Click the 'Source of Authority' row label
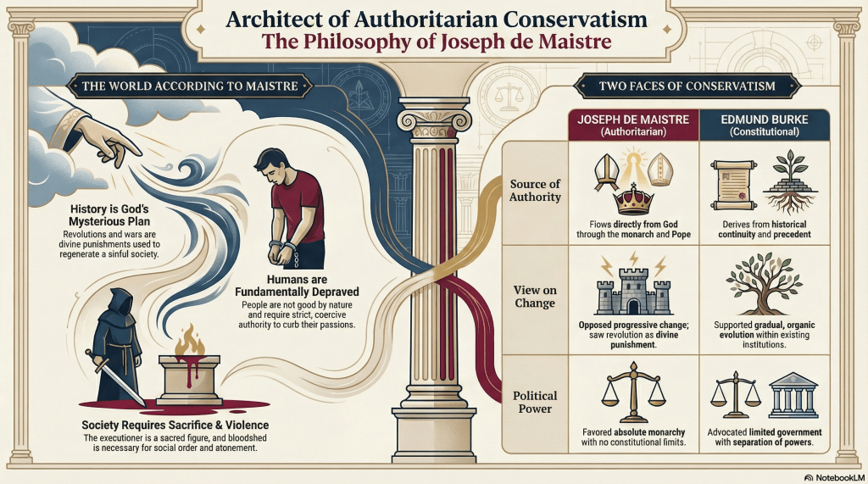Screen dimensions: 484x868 click(x=536, y=191)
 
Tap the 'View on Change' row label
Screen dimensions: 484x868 click(x=535, y=297)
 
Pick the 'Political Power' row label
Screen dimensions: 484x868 click(x=535, y=402)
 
